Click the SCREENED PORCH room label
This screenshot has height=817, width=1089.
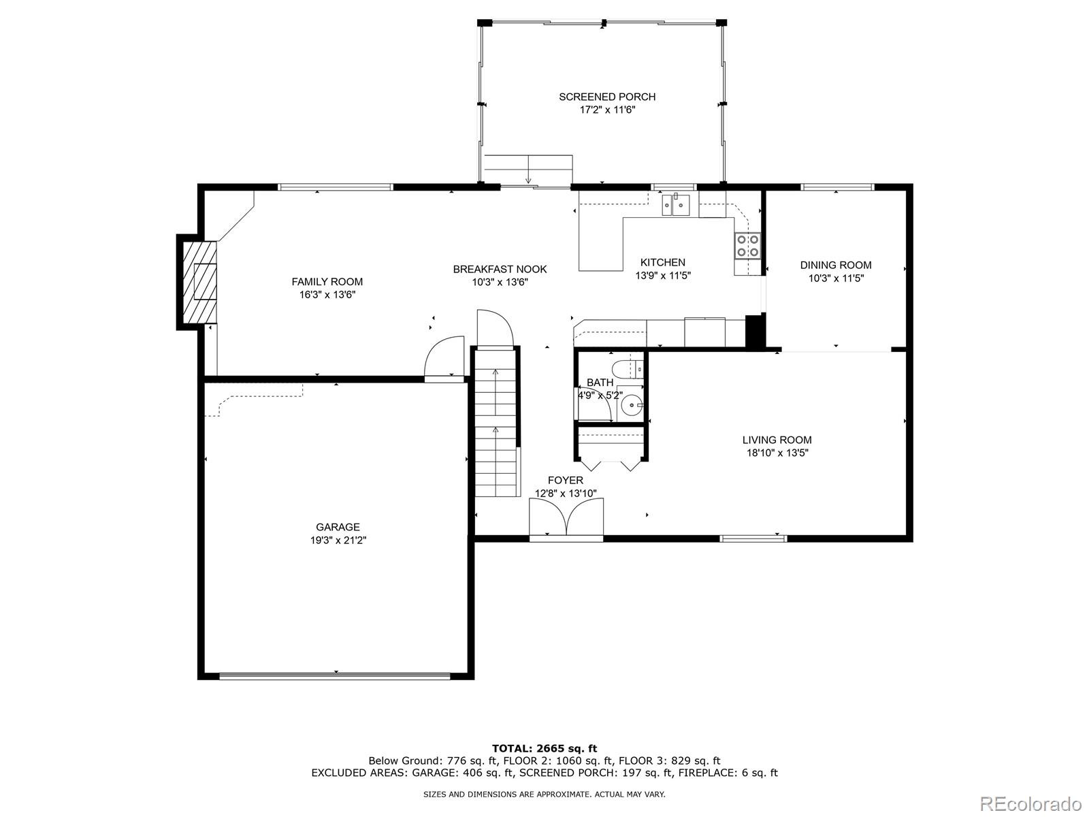click(x=607, y=97)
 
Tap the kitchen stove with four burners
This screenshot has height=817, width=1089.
click(x=747, y=246)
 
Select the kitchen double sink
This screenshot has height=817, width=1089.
click(x=676, y=205)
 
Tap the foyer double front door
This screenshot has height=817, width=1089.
click(x=566, y=518)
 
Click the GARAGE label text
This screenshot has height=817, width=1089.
click(x=338, y=527)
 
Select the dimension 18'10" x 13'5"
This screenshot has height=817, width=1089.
click(x=777, y=452)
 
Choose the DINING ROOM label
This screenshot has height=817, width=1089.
click(x=836, y=265)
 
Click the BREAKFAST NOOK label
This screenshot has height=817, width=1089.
click(x=500, y=269)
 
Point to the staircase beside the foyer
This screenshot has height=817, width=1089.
click(x=496, y=422)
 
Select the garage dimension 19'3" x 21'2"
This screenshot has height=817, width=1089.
click(x=338, y=540)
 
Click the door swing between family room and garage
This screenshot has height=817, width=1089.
click(x=444, y=358)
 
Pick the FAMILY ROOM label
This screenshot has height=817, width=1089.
click(x=327, y=282)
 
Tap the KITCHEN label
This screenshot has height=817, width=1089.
click(x=663, y=262)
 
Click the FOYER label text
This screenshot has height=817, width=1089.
click(x=566, y=480)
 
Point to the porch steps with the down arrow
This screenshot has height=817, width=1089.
click(x=528, y=169)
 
